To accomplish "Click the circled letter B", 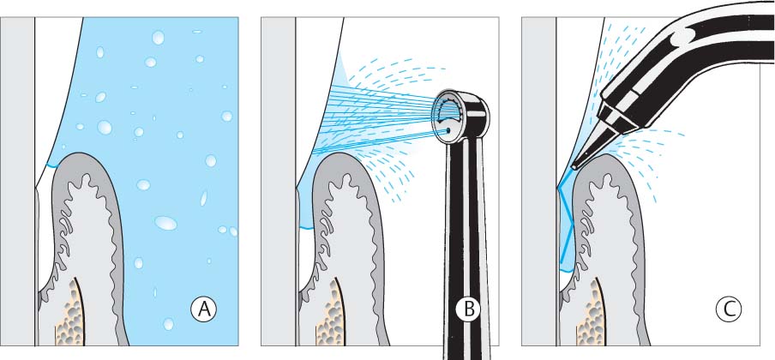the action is [469, 309].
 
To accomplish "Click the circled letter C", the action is [729, 309].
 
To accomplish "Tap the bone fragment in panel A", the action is [69, 313].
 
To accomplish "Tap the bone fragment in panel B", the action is [329, 313].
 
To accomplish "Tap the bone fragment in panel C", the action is [590, 313].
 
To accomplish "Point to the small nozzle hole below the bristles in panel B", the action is [448, 130].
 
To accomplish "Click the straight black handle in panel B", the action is [465, 247].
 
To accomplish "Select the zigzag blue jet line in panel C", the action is [565, 218].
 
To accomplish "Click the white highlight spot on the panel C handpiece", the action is [683, 33].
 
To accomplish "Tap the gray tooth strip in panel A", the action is [17, 181].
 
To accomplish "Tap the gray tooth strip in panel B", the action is [279, 181].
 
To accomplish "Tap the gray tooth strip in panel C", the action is [539, 181].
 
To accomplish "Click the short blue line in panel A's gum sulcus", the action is [51, 165].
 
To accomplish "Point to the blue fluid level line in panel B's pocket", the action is [306, 228].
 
